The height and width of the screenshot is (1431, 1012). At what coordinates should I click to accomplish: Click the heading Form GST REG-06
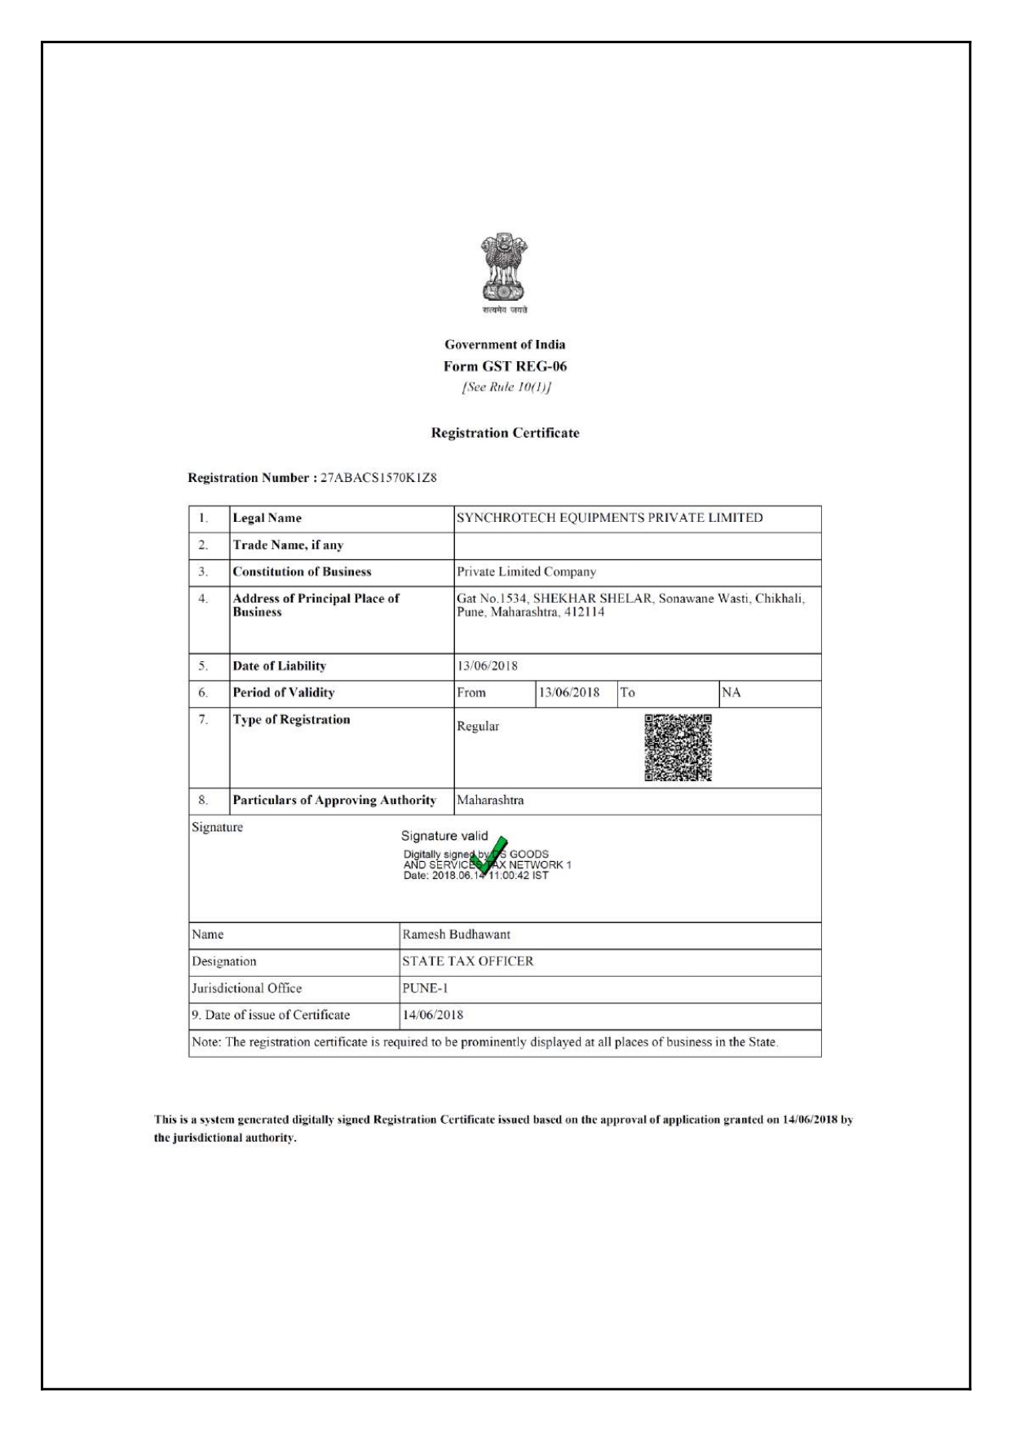[505, 366]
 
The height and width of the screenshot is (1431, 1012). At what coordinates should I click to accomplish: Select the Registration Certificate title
[505, 433]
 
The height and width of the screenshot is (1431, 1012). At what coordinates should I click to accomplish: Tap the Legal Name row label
[267, 519]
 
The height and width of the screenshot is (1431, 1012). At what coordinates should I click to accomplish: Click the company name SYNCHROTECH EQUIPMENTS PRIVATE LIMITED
[609, 518]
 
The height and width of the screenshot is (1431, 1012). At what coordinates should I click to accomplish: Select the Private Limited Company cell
[526, 572]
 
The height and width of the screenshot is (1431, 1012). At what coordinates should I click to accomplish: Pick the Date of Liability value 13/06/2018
[487, 666]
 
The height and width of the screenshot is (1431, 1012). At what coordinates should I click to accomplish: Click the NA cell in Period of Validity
[731, 693]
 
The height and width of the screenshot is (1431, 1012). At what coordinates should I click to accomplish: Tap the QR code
[678, 748]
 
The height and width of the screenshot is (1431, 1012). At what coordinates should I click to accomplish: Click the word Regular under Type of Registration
[478, 727]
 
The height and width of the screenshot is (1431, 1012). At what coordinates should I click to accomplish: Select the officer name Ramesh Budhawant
[456, 934]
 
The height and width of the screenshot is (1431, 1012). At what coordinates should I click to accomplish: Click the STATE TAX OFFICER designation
[467, 961]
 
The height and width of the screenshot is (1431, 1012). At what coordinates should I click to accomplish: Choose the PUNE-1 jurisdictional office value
[425, 988]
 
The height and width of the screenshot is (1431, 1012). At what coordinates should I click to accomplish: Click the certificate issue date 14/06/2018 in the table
[432, 1015]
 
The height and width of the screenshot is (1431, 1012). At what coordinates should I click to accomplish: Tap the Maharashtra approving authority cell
[490, 801]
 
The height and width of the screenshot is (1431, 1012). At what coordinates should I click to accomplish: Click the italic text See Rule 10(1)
[506, 387]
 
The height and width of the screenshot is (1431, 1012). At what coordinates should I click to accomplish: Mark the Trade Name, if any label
[288, 545]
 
